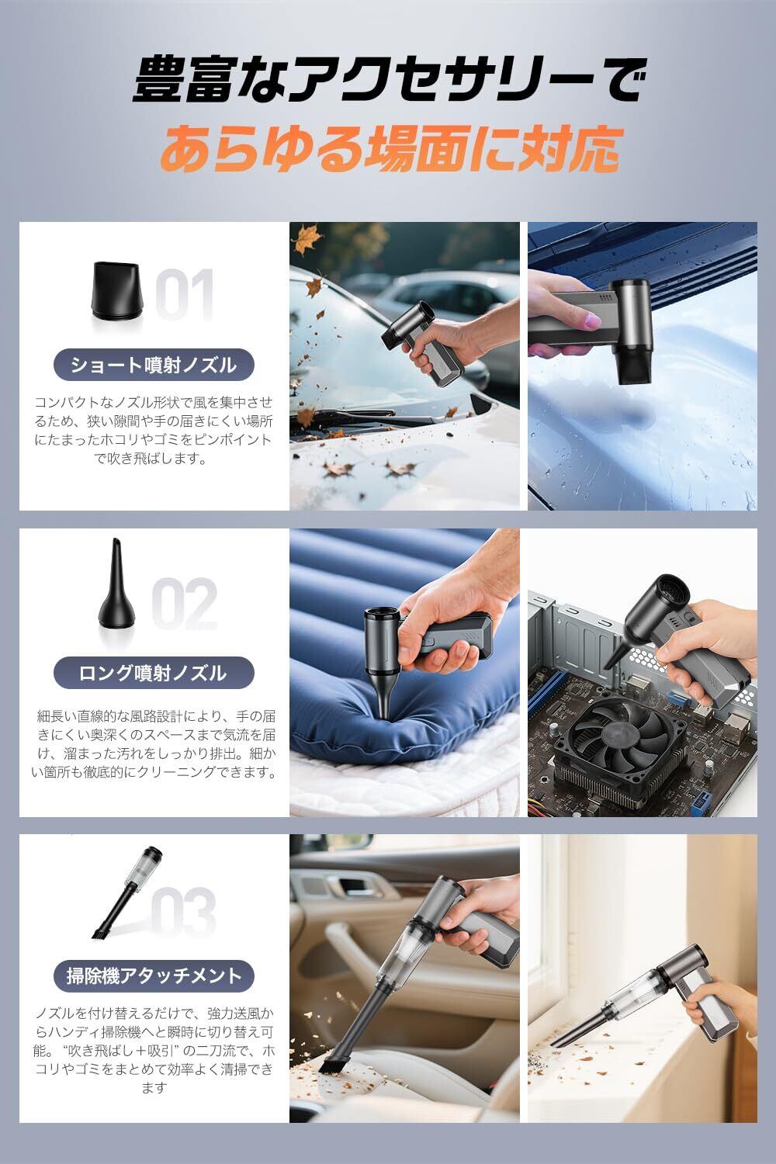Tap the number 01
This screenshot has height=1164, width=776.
(x=185, y=295)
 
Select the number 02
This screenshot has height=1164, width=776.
(x=185, y=603)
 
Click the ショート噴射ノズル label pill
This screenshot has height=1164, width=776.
(x=154, y=365)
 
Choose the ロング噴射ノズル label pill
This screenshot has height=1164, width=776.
(x=154, y=673)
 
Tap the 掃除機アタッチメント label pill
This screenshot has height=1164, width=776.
(x=154, y=976)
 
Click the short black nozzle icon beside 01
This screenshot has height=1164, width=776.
(x=116, y=291)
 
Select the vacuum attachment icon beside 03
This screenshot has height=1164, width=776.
(x=126, y=892)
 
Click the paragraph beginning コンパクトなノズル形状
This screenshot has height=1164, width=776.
(x=154, y=430)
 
